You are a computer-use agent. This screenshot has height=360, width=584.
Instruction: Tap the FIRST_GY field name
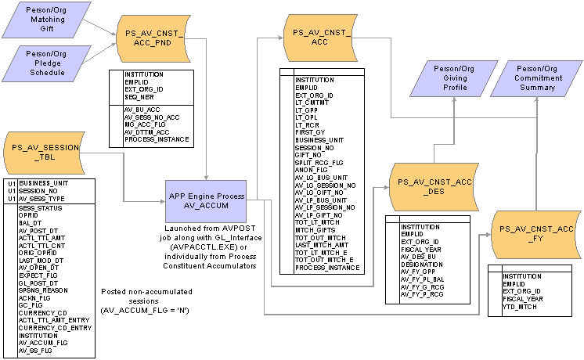point(310,131)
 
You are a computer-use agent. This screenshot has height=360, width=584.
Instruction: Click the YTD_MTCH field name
point(520,307)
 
